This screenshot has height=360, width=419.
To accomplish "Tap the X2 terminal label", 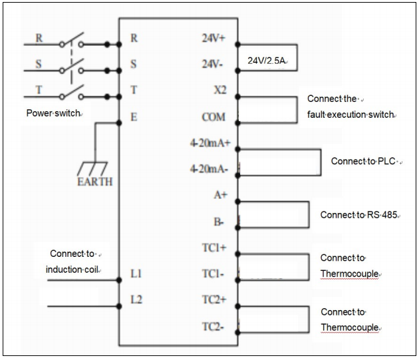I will (219, 91).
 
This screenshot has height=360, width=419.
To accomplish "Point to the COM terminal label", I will (214, 117).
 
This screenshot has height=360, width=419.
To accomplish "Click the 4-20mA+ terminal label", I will (209, 143).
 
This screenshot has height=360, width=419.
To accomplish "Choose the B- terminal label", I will (220, 221).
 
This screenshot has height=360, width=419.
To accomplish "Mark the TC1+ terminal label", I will (214, 248).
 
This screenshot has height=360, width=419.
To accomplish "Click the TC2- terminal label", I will (214, 326).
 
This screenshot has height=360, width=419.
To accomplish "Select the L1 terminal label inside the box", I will (136, 273).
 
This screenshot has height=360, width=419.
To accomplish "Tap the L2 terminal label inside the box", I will (136, 299).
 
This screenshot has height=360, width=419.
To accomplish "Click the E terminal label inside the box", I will (134, 117).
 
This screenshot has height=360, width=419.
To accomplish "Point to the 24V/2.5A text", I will (267, 61).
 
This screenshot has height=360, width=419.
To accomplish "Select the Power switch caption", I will (53, 113).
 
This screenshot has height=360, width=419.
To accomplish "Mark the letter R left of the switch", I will (39, 38).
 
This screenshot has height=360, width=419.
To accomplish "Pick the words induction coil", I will (71, 270).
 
